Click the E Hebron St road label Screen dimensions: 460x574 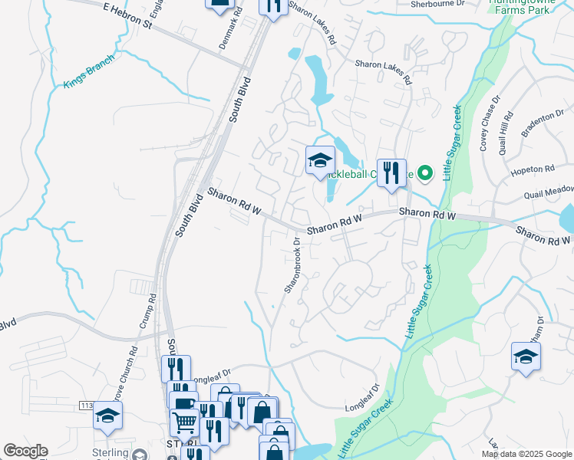point(127,15)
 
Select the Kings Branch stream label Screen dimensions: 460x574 point(89,71)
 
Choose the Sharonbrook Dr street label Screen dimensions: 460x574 point(292,264)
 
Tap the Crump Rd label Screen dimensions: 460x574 point(147,310)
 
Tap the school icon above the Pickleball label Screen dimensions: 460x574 point(320,159)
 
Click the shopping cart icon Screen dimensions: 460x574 point(185,420)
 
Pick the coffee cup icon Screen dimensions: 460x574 point(183,402)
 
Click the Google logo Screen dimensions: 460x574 point(25,451)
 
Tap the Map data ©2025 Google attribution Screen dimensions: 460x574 point(526,454)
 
